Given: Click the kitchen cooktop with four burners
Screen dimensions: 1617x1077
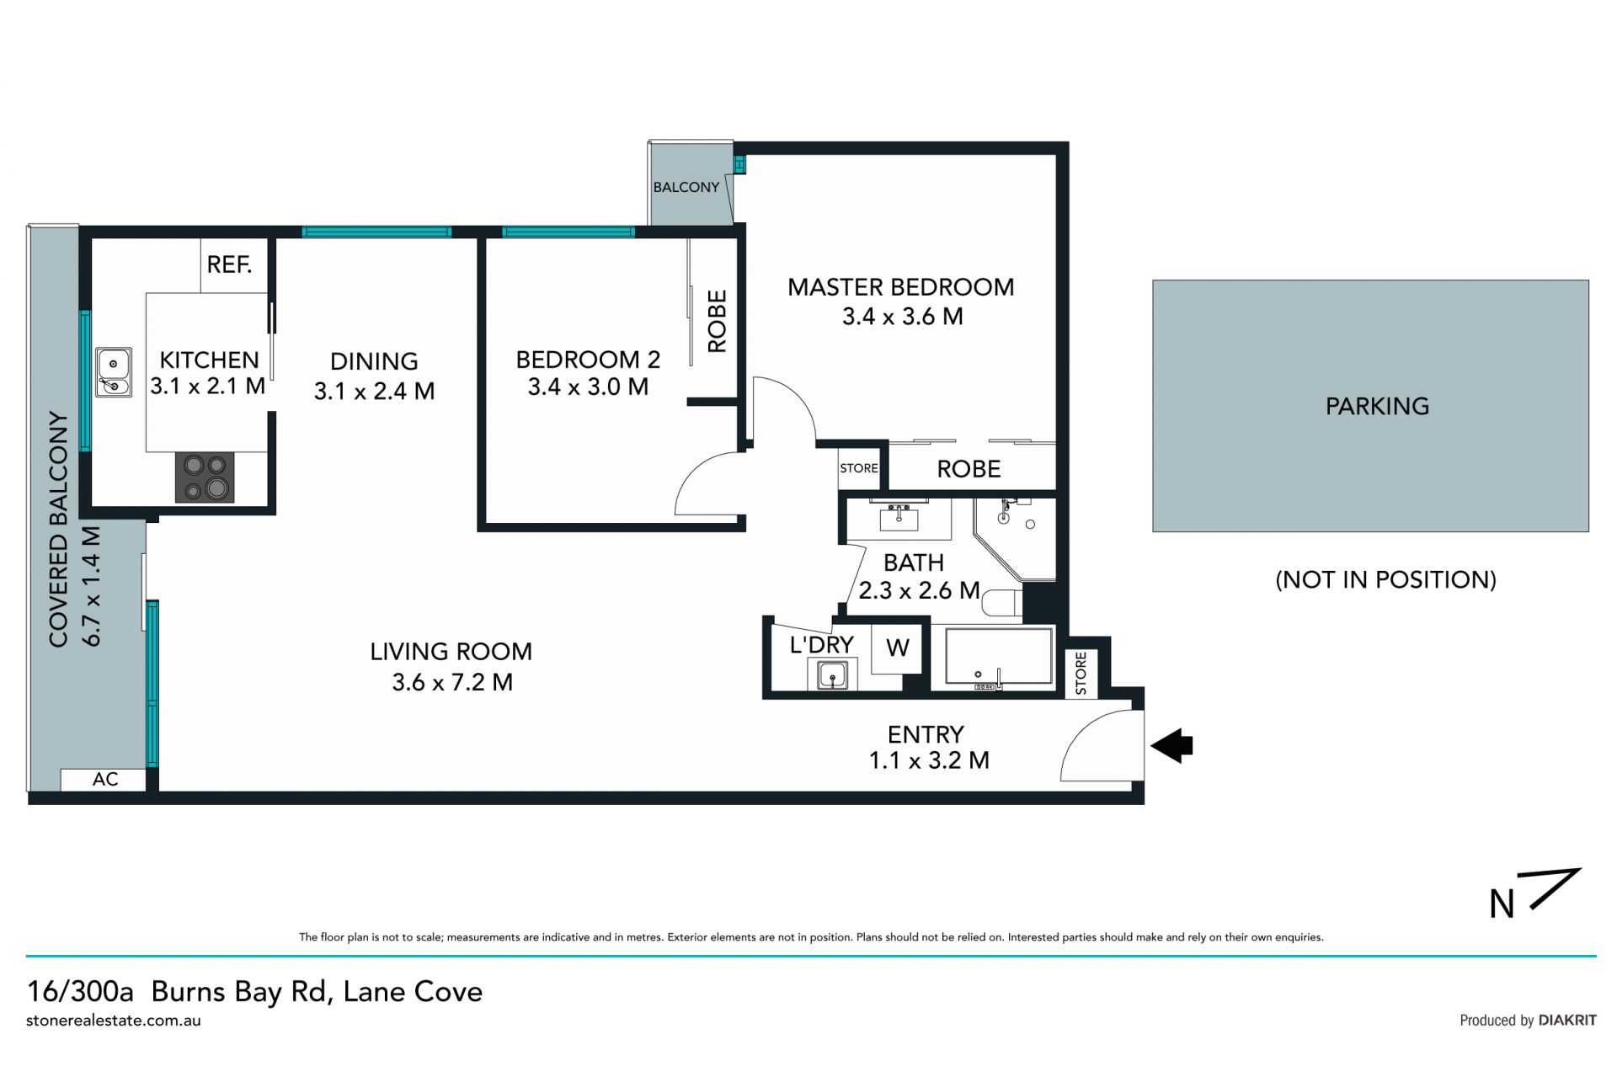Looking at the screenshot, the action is click(205, 477).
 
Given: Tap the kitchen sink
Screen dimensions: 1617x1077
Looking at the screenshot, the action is click(113, 372).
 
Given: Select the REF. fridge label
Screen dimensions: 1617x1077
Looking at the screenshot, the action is click(230, 264).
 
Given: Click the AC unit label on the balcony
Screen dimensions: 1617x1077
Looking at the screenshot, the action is click(105, 779).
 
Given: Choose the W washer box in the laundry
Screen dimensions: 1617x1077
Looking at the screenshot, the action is click(898, 648).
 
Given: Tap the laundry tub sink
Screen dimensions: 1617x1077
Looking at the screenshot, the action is click(833, 674).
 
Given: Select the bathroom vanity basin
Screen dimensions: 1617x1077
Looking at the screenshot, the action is click(898, 516).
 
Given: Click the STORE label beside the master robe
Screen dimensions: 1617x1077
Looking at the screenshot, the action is click(859, 468).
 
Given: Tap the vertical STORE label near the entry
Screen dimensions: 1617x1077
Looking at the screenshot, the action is click(1081, 674).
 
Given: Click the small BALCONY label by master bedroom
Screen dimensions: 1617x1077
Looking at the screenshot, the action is click(686, 187).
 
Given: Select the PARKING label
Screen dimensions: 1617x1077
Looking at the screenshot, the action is click(1377, 406).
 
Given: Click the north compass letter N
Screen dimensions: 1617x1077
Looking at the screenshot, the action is click(1502, 904).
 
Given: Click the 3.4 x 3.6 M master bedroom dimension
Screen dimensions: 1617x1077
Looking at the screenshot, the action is click(902, 317).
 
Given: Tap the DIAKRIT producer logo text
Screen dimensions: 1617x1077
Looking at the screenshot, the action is click(1567, 1020).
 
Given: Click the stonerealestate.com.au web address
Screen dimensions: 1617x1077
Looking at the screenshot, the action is click(114, 1021).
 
